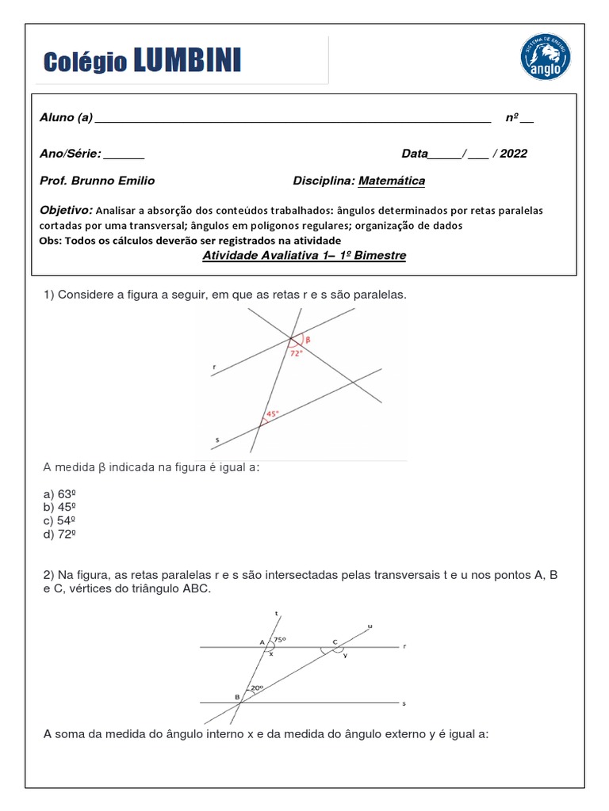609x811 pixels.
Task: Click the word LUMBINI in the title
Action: coord(187,60)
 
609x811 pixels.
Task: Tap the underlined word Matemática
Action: coord(392,181)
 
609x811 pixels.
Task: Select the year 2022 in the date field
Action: coord(513,154)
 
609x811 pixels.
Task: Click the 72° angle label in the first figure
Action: coord(296,354)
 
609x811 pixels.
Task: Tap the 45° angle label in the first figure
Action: coord(272,413)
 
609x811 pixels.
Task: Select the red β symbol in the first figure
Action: coord(308,339)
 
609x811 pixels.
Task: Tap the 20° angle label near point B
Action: coord(255,688)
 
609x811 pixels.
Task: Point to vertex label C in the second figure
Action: coord(335,641)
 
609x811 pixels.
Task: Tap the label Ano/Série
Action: coord(70,154)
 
